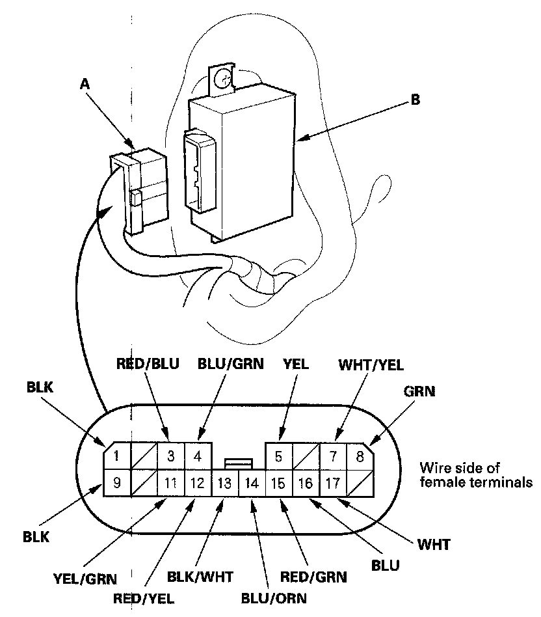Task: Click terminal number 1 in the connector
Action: coord(116,456)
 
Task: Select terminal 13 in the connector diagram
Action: coord(226,484)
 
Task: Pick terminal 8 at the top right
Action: coord(360,456)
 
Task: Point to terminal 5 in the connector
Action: coord(278,456)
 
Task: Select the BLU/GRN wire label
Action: coord(231,364)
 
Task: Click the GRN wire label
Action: coord(419,392)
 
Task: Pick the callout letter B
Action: coord(415,100)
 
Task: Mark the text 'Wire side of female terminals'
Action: coord(476,475)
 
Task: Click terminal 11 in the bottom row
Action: coord(170,484)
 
